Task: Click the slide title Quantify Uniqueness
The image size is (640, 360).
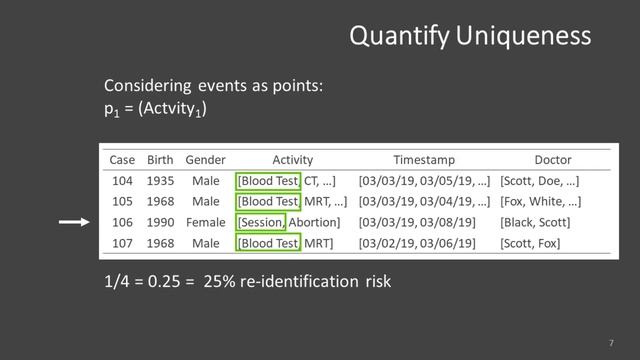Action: [x=469, y=36]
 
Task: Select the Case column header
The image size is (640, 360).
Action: [x=122, y=159]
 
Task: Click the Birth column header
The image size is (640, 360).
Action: [x=160, y=159]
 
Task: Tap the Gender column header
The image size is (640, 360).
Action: [x=205, y=159]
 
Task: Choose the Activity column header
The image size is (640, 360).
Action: [x=292, y=159]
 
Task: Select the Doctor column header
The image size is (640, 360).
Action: [x=553, y=159]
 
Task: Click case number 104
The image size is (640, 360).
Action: [x=122, y=181]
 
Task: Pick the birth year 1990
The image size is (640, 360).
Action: [x=160, y=222]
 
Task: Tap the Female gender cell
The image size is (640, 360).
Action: [x=205, y=222]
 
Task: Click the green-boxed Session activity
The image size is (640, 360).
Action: [x=261, y=222]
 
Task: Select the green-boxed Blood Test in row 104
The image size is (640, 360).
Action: [x=268, y=181]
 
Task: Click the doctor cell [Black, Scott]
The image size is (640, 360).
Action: [x=538, y=222]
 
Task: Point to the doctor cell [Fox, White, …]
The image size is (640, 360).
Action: [x=540, y=202]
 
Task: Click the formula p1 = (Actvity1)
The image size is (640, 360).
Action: [x=155, y=107]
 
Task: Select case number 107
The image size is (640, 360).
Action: [x=122, y=243]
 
